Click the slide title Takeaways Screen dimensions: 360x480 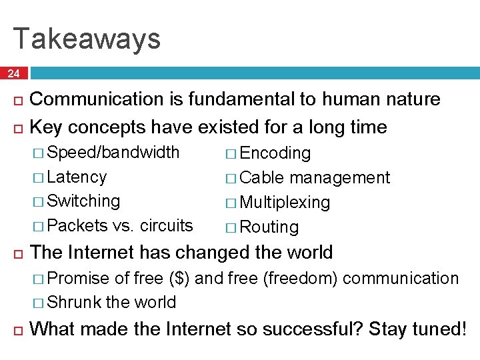click(x=87, y=38)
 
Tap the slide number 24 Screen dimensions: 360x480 click(x=14, y=74)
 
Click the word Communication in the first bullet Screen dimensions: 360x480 click(x=97, y=99)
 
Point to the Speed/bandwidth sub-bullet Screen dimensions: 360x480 click(x=114, y=153)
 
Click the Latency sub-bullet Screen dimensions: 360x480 click(x=77, y=177)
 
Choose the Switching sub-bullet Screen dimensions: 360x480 click(x=84, y=201)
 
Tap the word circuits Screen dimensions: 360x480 click(x=167, y=225)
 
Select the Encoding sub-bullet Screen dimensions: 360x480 click(x=275, y=153)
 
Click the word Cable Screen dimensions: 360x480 click(x=263, y=178)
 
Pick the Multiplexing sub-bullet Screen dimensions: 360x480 click(x=285, y=202)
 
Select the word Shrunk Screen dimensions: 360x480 click(x=75, y=302)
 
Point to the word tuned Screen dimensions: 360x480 click(x=435, y=329)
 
